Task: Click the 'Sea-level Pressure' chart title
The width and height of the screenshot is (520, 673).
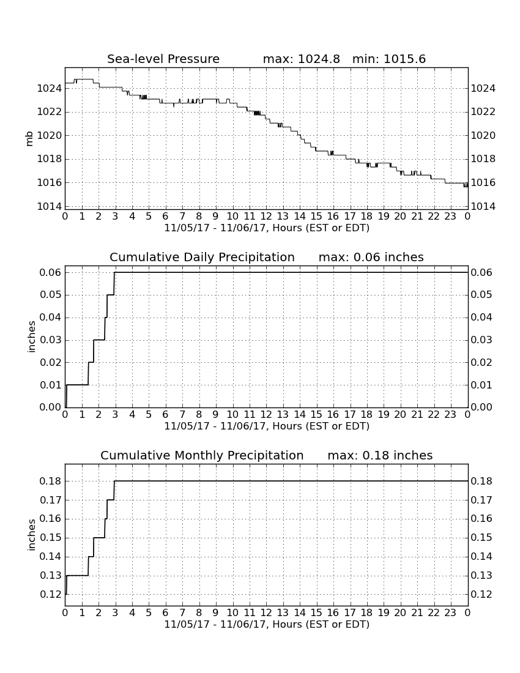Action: [x=163, y=59]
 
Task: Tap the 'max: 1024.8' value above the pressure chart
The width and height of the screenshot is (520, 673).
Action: [x=301, y=59]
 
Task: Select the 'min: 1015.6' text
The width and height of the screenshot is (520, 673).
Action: [x=389, y=59]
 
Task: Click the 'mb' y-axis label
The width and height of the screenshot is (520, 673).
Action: [x=29, y=138]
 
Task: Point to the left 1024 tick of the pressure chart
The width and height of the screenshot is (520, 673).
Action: [x=50, y=89]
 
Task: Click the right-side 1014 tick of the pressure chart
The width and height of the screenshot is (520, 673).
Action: [x=483, y=206]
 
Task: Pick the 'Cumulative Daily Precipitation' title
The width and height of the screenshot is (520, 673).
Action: [x=202, y=257]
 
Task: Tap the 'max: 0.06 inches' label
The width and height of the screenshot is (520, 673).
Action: [x=371, y=257]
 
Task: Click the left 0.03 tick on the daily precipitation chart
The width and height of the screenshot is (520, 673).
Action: [x=51, y=340]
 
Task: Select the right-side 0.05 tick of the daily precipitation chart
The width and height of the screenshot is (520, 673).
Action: [x=481, y=295]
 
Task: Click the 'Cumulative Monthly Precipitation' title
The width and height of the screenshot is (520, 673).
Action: [x=202, y=455]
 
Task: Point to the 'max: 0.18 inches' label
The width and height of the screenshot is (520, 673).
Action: [x=380, y=455]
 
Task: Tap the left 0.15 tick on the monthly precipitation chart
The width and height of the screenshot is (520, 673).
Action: [x=51, y=538]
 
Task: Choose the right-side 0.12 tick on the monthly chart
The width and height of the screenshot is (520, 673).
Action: [x=481, y=595]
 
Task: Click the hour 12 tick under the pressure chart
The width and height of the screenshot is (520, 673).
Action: [x=266, y=217]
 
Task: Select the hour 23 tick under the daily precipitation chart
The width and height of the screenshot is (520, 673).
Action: [x=450, y=415]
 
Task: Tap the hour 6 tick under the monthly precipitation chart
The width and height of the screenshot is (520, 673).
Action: [x=166, y=613]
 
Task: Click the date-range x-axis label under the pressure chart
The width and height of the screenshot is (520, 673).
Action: [x=267, y=228]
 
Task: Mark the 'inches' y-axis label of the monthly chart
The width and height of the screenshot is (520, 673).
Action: [x=31, y=535]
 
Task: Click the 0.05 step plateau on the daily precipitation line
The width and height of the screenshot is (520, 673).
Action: [x=110, y=295]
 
